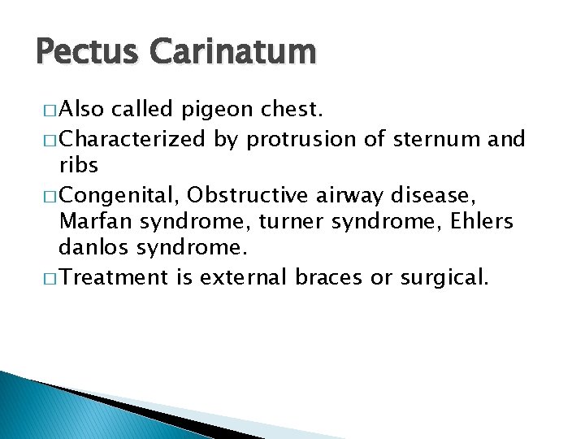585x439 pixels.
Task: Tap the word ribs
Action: [x=79, y=166]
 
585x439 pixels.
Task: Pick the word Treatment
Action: [x=114, y=276]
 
